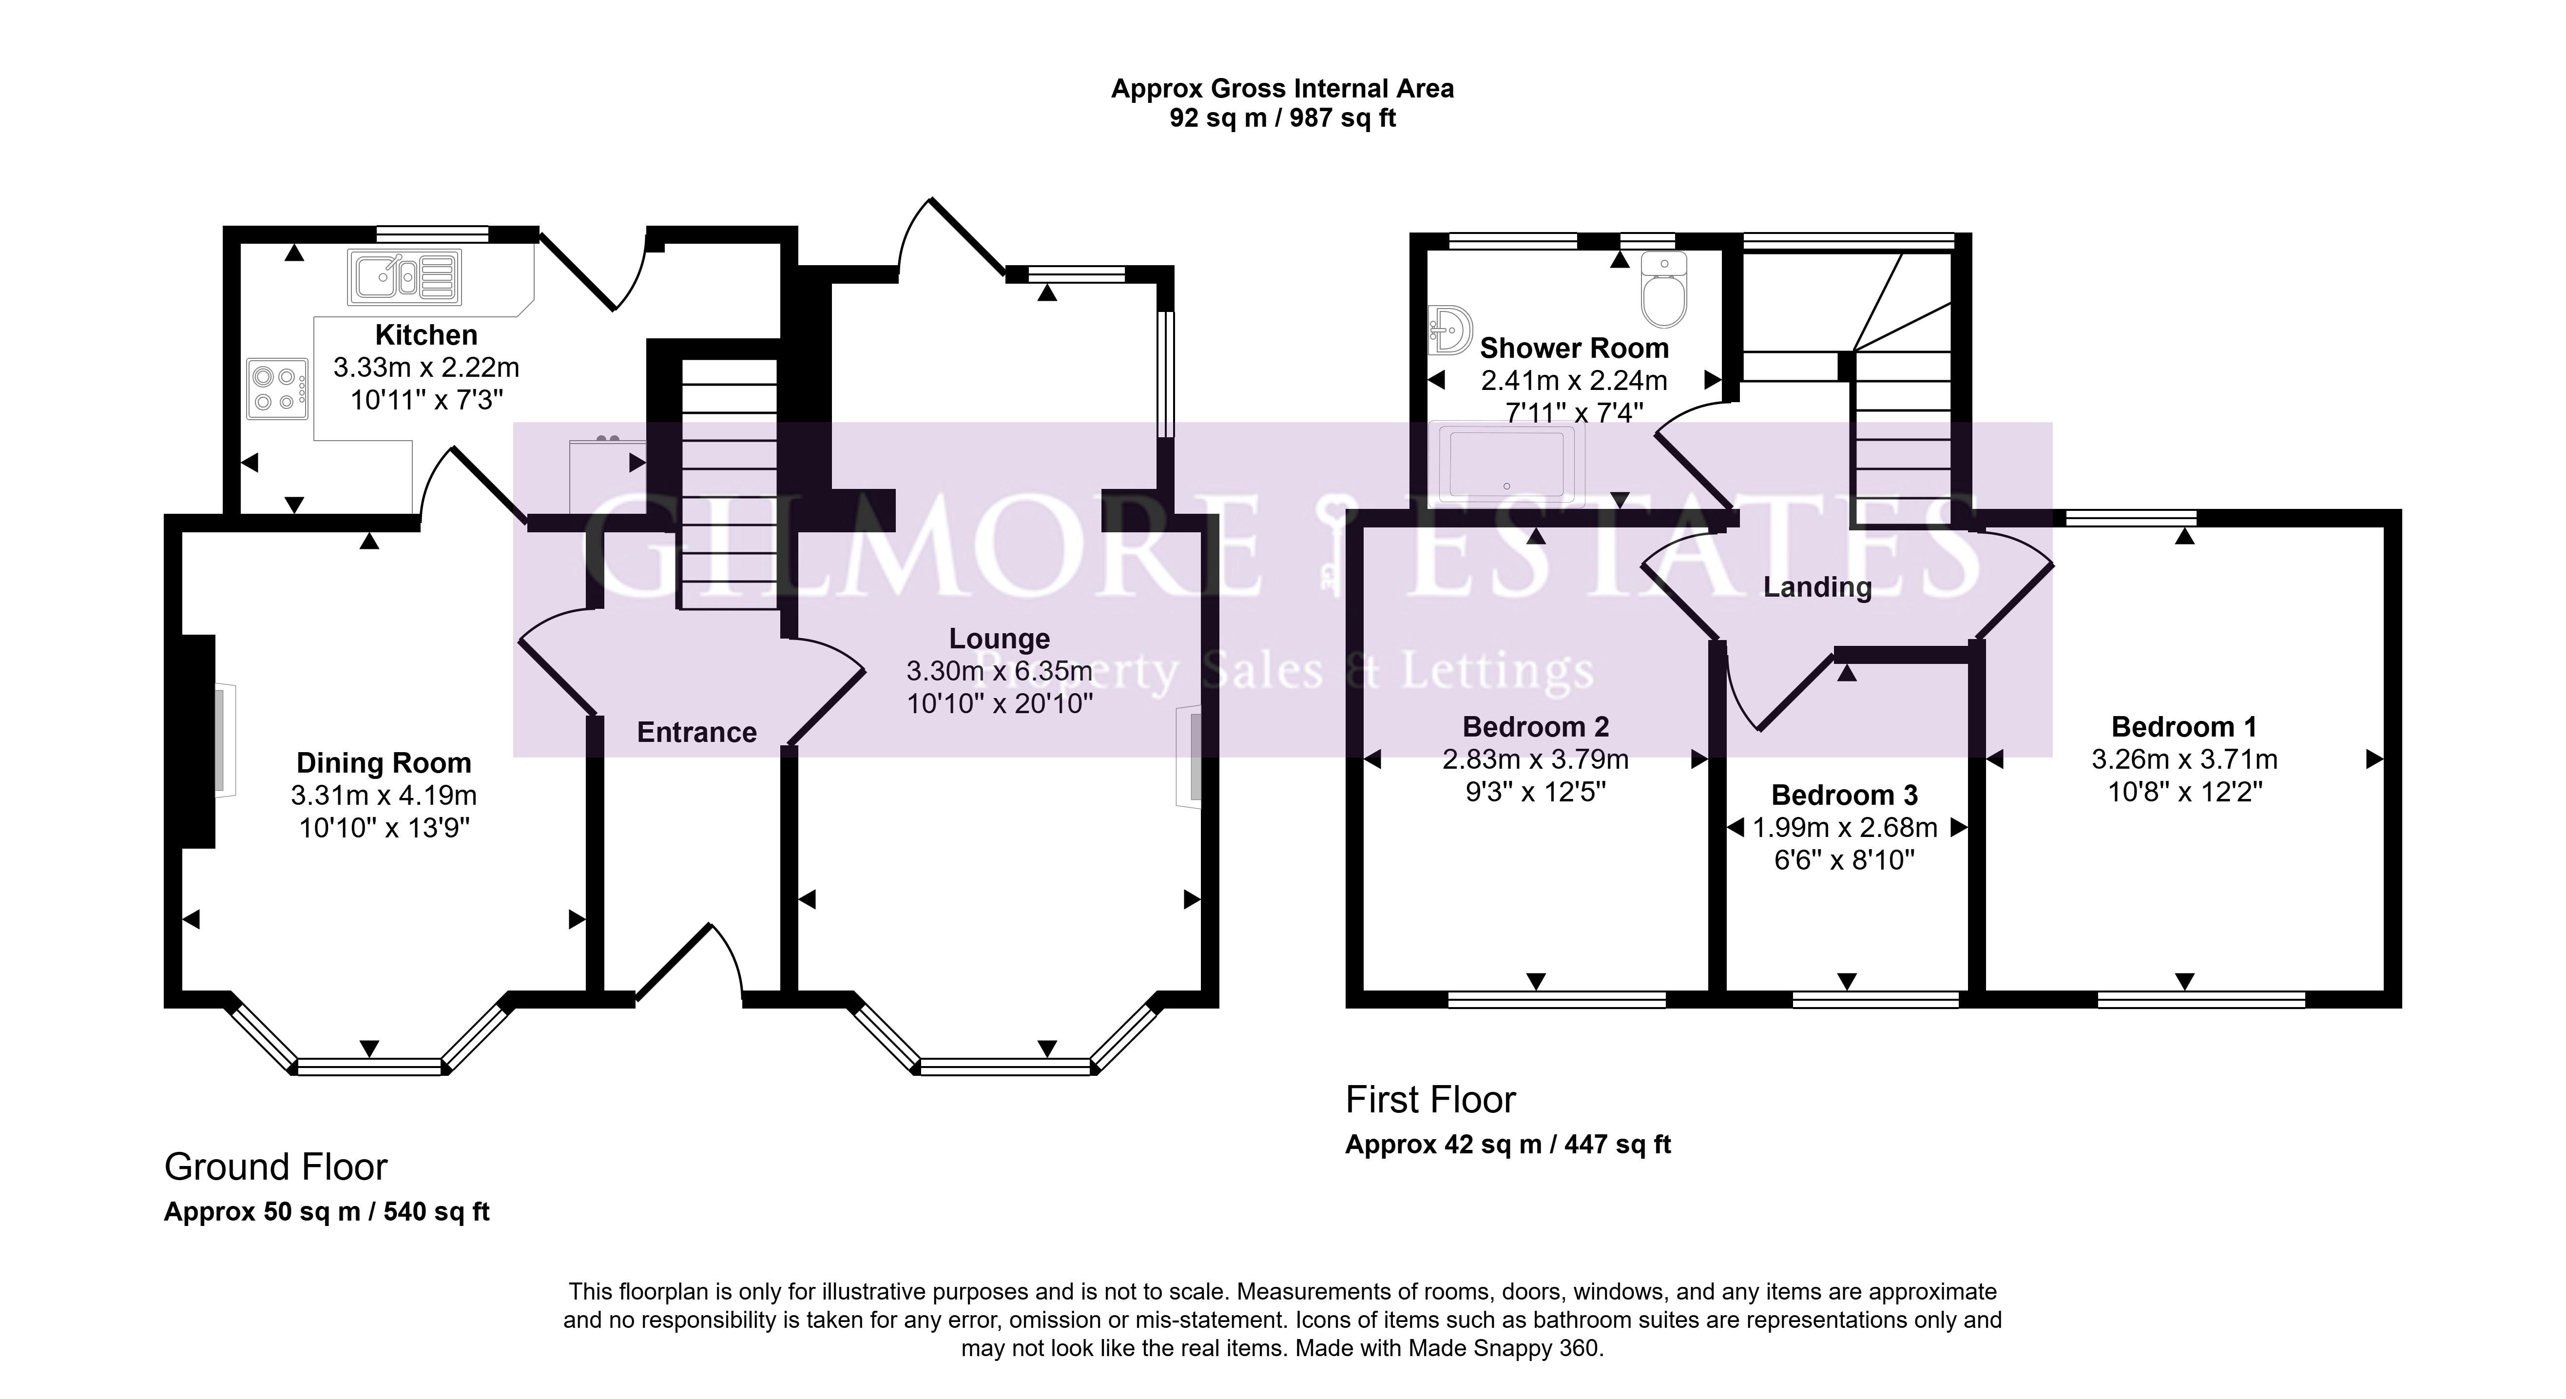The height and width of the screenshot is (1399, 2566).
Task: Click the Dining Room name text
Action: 384,763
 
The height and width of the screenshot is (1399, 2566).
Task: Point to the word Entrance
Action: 697,732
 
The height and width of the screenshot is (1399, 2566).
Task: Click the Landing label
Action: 1818,587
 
